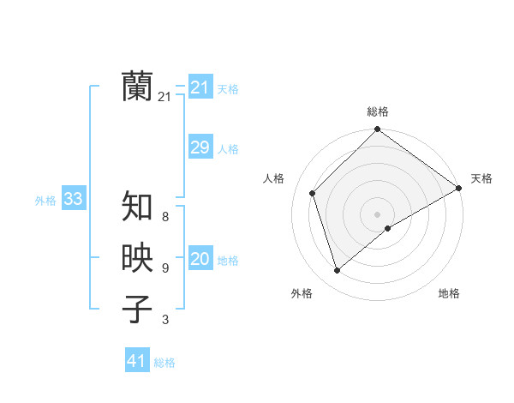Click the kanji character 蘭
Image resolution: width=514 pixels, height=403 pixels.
coord(138,87)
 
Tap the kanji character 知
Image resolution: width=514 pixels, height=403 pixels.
coord(138,207)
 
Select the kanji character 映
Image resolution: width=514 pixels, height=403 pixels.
coord(138,258)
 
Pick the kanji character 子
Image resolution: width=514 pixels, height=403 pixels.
coord(138,310)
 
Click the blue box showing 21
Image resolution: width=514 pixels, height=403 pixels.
coord(200,87)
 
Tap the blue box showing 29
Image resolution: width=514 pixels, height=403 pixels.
coord(200,147)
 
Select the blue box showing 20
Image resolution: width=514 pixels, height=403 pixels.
coord(200,259)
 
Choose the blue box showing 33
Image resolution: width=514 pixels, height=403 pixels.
coord(73,200)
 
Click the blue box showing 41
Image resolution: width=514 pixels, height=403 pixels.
coord(137,361)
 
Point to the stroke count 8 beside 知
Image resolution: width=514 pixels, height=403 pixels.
coord(165,218)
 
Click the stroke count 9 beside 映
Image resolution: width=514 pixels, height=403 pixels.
coord(165,269)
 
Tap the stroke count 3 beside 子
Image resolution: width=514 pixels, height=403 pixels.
coord(165,321)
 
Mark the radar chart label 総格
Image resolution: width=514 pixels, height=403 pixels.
coord(378,111)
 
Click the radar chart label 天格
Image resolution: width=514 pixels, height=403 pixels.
coord(481,178)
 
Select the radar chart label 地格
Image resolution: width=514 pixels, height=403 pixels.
coord(449,293)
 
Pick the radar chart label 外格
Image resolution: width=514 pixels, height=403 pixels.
coord(302,293)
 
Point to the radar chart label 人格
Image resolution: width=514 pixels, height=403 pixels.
coord(274,178)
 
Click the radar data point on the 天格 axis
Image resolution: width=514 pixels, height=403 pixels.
coord(459,188)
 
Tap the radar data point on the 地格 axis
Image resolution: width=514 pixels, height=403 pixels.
coord(388,228)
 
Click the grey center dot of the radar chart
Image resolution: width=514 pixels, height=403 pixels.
coord(378,214)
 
